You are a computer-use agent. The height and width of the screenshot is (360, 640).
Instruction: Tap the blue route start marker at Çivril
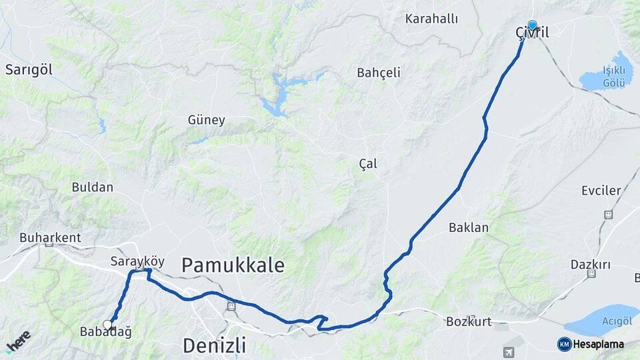pyautogui.click(x=532, y=25)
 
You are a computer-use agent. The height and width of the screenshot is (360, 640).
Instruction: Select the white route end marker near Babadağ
pyautogui.click(x=107, y=325)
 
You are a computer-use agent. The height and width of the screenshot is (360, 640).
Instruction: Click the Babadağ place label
pyautogui.click(x=105, y=332)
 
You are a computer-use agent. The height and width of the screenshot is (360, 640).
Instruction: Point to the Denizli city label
pyautogui.click(x=214, y=346)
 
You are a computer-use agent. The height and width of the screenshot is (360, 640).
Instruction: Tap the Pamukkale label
pyautogui.click(x=233, y=265)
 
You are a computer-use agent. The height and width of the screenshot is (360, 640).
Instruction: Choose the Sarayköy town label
pyautogui.click(x=137, y=261)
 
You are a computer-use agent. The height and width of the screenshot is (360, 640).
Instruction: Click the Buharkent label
pyautogui.click(x=50, y=237)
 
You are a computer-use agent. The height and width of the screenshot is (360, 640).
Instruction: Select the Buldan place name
pyautogui.click(x=93, y=187)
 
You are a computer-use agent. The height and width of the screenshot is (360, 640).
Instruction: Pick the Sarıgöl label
pyautogui.click(x=29, y=69)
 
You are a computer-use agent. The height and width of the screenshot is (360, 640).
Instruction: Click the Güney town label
pyautogui.click(x=206, y=121)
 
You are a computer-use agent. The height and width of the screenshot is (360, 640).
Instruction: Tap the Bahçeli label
pyautogui.click(x=379, y=73)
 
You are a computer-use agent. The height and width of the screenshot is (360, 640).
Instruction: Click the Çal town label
pyautogui.click(x=368, y=164)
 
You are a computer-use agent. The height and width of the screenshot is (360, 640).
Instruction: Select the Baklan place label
pyautogui.click(x=468, y=227)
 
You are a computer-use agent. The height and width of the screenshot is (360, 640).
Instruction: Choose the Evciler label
pyautogui.click(x=601, y=191)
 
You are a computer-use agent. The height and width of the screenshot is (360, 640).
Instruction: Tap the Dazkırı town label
pyautogui.click(x=591, y=265)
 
